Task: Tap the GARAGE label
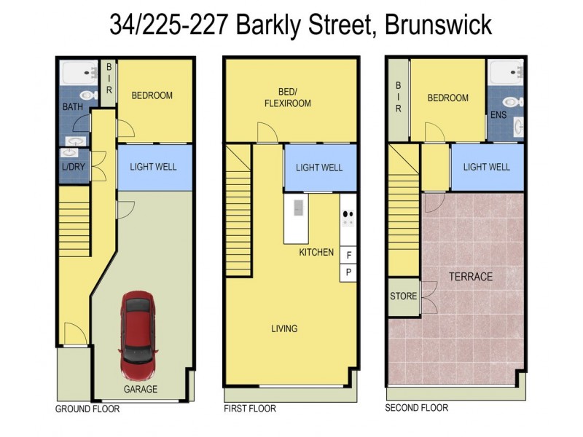click(x=140, y=389)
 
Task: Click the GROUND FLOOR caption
click(x=87, y=409)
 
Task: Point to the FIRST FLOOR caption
click(x=250, y=409)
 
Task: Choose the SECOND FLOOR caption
click(x=416, y=409)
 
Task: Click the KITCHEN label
click(x=316, y=253)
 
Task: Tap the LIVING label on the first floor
click(x=283, y=328)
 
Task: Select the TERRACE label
click(x=470, y=277)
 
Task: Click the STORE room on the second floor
click(x=403, y=296)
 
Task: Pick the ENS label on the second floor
click(x=498, y=115)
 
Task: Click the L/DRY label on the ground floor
click(x=73, y=167)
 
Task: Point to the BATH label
click(x=73, y=107)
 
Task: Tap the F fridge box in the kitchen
click(x=348, y=255)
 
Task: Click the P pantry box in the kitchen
click(x=348, y=272)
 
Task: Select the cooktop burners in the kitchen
click(x=348, y=219)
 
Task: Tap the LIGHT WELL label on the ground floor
click(x=153, y=167)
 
